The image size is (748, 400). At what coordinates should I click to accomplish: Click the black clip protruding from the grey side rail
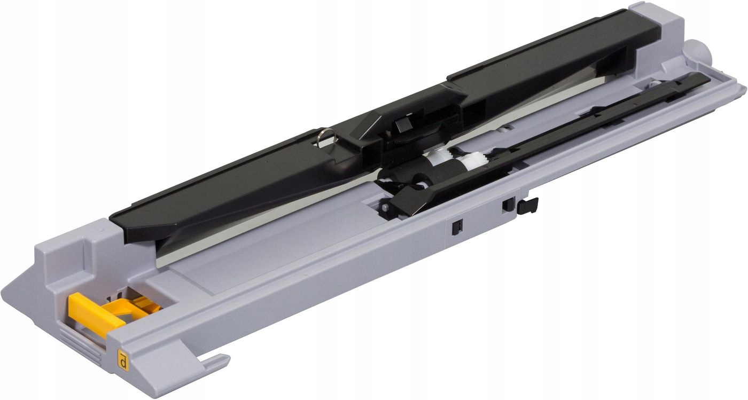click(x=527, y=206)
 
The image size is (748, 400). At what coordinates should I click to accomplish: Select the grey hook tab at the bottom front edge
click(x=215, y=363)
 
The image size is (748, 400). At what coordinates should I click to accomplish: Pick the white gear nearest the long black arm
click(x=477, y=156)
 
